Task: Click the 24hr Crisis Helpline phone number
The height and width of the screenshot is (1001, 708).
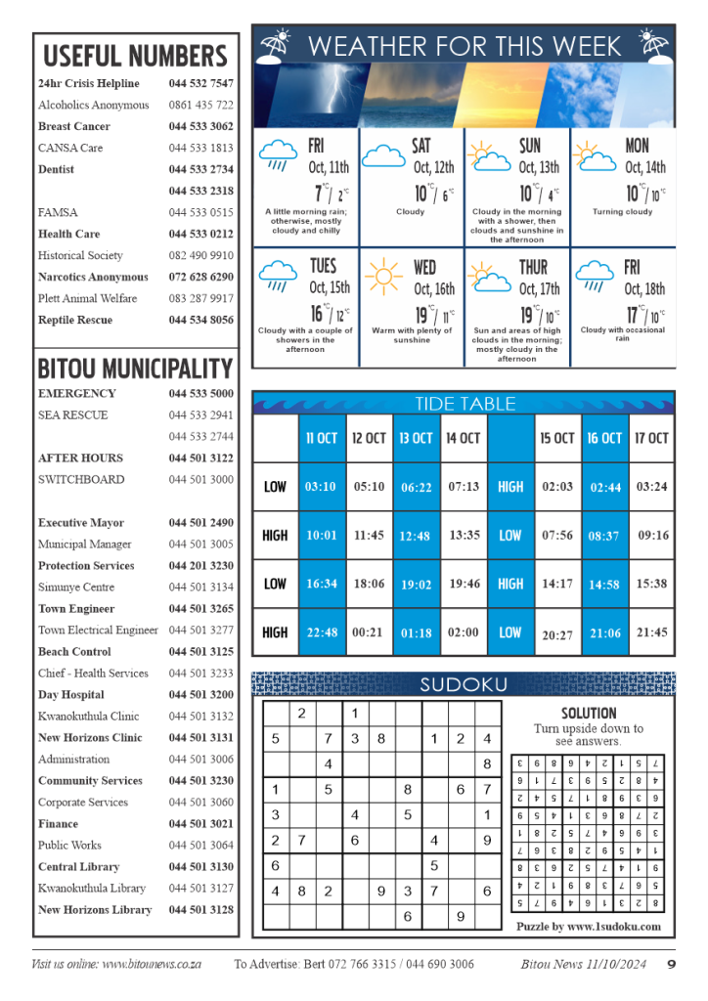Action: pyautogui.click(x=200, y=83)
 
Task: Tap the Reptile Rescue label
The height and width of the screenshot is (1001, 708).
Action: pyautogui.click(x=75, y=320)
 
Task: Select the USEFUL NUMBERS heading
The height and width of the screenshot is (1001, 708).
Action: pyautogui.click(x=135, y=56)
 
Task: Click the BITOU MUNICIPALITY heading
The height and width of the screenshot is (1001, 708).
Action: pyautogui.click(x=135, y=369)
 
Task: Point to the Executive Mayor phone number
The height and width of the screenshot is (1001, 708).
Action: pyautogui.click(x=200, y=523)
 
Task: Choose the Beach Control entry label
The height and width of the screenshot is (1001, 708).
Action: pyautogui.click(x=74, y=651)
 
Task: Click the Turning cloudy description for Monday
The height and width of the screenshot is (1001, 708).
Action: pyautogui.click(x=622, y=212)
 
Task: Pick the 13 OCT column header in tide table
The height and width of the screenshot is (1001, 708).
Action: pyautogui.click(x=417, y=438)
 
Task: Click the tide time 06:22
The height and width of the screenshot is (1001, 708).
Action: pyautogui.click(x=417, y=487)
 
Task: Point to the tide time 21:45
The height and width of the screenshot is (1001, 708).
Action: pyautogui.click(x=651, y=632)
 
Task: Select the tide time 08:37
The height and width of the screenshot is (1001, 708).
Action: pyautogui.click(x=604, y=536)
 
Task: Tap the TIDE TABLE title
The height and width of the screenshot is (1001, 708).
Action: pyautogui.click(x=465, y=404)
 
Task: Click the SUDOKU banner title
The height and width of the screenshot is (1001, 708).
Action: pyautogui.click(x=465, y=684)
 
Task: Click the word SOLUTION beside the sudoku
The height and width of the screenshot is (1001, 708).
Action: pyautogui.click(x=589, y=714)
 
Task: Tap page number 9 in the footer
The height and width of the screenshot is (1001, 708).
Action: pyautogui.click(x=672, y=964)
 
